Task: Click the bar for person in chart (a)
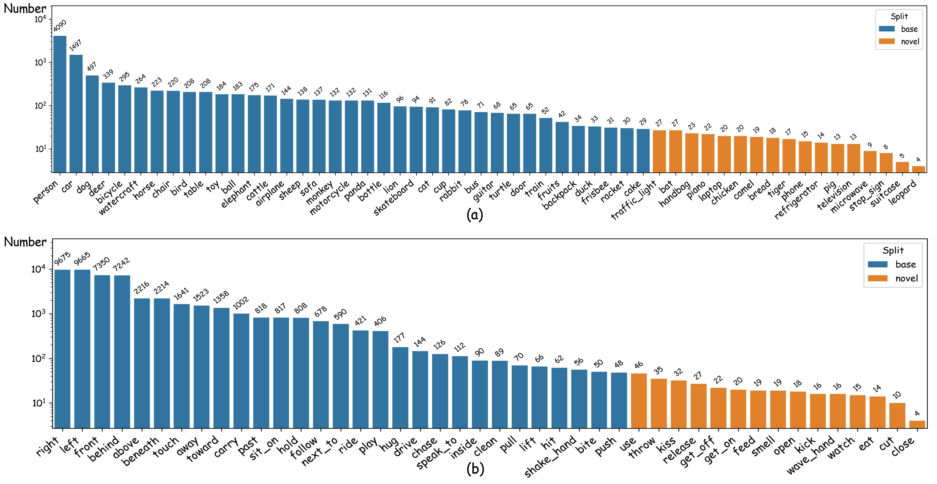pos(60,104)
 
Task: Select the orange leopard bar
pos(918,169)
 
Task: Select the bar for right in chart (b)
pos(62,349)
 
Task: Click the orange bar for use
pos(639,401)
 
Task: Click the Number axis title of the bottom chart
pos(25,242)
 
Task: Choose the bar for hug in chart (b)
pos(400,388)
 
